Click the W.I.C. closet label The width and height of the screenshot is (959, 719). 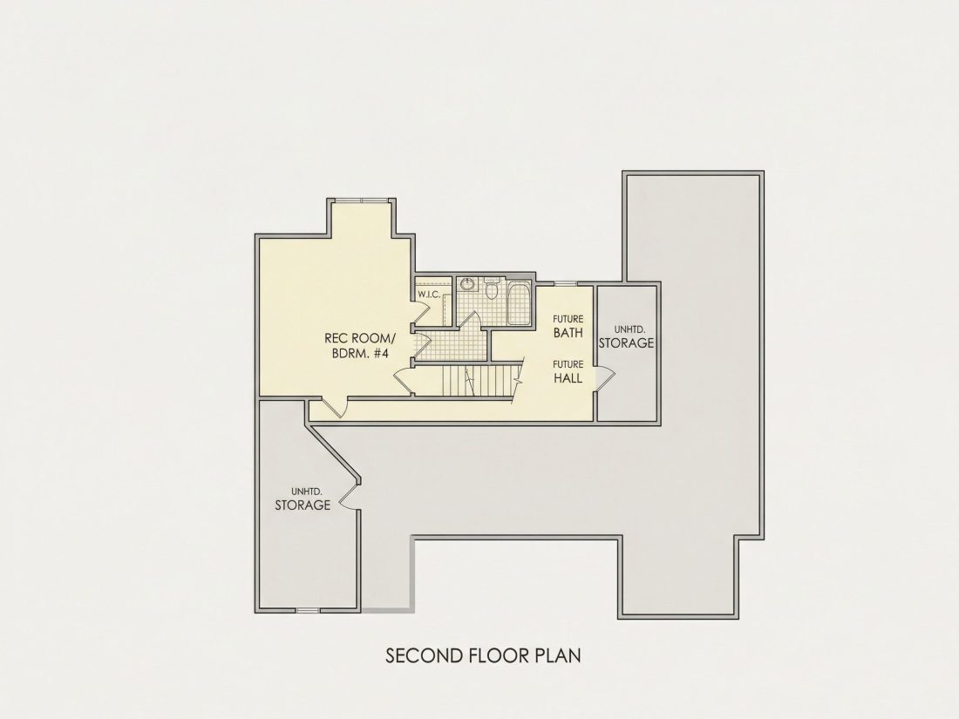coord(429,295)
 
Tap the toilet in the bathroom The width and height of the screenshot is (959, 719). coord(491,289)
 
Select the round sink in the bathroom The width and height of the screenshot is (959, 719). coord(467,284)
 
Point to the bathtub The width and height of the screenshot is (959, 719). coord(520,302)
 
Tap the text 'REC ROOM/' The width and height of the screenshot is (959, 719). coord(360,338)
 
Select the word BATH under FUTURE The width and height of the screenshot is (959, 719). coord(568,333)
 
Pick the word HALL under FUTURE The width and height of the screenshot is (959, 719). coord(568,378)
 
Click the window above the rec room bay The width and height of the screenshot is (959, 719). coord(361,200)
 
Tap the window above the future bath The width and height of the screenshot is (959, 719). coord(565,283)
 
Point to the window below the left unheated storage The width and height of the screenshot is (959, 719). coord(308,609)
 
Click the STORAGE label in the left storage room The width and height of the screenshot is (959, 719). coord(303,505)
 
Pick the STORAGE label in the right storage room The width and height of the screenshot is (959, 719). coord(626,343)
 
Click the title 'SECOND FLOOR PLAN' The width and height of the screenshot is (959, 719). coord(483,655)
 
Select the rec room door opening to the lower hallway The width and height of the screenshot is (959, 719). coord(335,406)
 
